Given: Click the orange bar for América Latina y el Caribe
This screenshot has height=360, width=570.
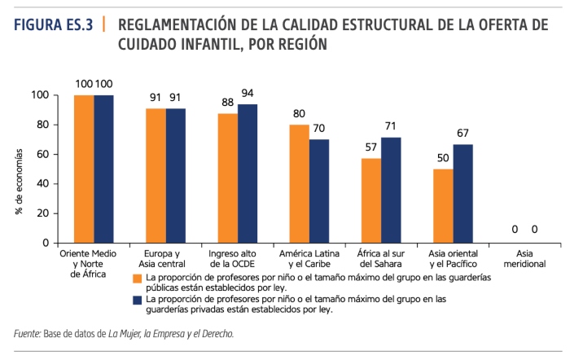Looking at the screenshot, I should pos(299,183).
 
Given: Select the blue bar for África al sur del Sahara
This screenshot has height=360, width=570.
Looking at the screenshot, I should pos(392,191).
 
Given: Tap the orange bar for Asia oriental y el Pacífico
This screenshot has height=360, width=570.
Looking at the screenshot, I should pos(443,205).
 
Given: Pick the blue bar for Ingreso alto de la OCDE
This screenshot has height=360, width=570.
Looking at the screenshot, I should pos(248,173).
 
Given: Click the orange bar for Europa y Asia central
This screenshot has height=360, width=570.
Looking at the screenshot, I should pos(156,175).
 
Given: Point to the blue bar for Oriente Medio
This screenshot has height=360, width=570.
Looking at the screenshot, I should pos(103,169).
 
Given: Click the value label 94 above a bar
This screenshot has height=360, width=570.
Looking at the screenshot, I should pos(248,93).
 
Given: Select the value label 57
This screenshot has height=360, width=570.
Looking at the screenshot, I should pos(371,147).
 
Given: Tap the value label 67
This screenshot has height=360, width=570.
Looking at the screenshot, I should pos(463,133).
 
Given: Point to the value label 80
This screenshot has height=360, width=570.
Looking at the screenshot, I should pos(299,113).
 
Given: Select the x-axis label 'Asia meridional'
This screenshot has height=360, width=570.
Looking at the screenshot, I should pos(524,259).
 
